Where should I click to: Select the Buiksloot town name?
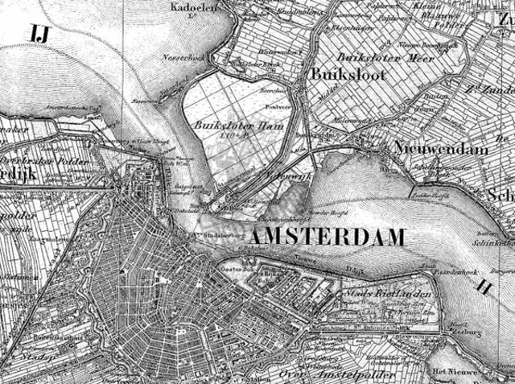pos(348,75)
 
